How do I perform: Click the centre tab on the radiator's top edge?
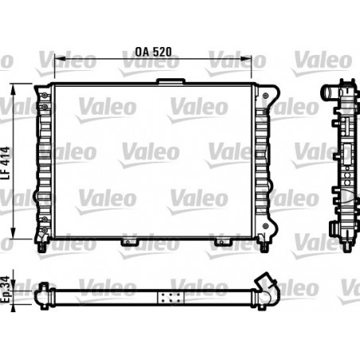click(x=168, y=80)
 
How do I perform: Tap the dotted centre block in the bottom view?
click(x=168, y=296)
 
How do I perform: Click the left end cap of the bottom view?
click(x=43, y=295)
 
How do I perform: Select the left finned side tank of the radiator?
click(x=43, y=159)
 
